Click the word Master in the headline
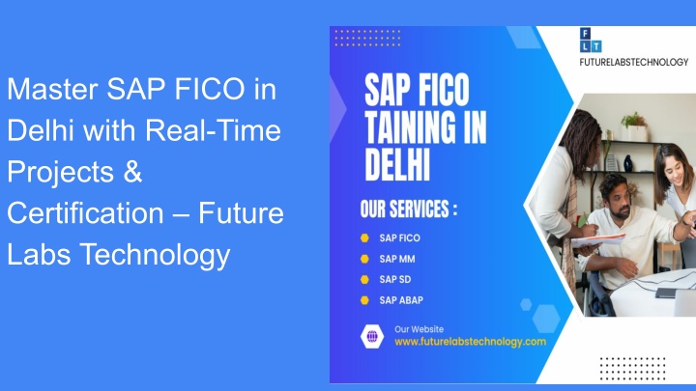(x=52, y=89)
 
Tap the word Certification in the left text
(x=85, y=213)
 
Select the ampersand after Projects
(x=132, y=172)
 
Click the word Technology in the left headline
(x=155, y=256)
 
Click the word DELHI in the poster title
(x=397, y=164)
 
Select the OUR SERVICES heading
(x=408, y=209)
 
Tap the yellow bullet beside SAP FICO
(x=364, y=238)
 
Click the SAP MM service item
(x=397, y=259)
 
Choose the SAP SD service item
(x=395, y=279)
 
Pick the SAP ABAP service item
(x=401, y=300)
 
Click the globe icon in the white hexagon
(x=372, y=337)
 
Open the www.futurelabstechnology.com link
(x=470, y=342)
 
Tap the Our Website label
(x=419, y=329)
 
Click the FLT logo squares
(x=591, y=41)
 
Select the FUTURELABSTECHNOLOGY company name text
(x=634, y=62)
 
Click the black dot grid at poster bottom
(x=632, y=369)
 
